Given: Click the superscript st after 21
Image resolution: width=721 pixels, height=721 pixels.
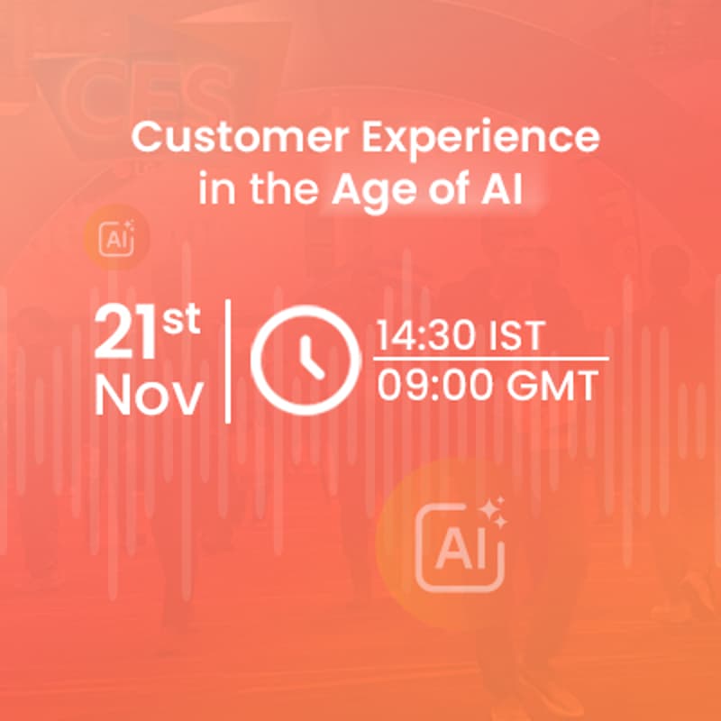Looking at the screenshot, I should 181,322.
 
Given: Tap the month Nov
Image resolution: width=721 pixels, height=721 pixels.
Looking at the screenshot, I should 148,396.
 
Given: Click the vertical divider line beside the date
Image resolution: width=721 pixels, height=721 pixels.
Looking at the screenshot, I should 228,360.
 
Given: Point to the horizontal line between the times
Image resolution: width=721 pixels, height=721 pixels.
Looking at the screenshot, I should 491,360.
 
